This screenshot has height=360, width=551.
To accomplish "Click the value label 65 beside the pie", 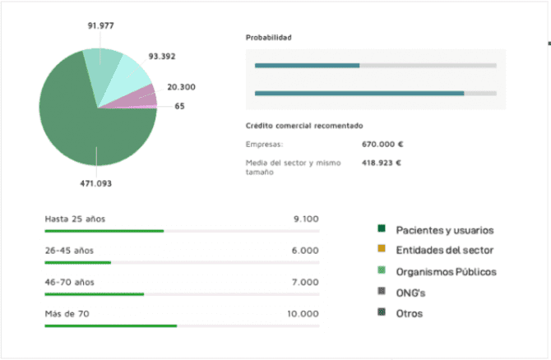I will pos(179,106).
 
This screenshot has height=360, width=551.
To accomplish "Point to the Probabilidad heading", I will pos(269,38).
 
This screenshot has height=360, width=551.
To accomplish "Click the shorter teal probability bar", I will pos(307,65).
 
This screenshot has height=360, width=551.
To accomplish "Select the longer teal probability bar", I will pos(359,93).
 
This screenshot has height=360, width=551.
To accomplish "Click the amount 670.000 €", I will pos(382,145).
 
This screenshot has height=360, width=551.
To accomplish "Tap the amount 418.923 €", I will pos(381,163).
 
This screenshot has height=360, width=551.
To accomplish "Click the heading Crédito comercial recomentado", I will pos(304,126).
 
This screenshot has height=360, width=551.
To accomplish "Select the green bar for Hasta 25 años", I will pos(104,231).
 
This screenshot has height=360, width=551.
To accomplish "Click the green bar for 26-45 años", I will pos(77,262).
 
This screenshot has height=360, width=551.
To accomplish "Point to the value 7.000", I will pos(304,282).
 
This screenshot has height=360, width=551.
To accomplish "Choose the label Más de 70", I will pos(68,314).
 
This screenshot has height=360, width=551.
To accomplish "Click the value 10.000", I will pos(303,314).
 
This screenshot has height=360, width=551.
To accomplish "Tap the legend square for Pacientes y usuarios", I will pos(382,228).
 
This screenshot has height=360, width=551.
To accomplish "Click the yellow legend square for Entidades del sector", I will pos(382,249).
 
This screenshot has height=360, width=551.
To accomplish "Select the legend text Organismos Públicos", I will pos(446,271).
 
